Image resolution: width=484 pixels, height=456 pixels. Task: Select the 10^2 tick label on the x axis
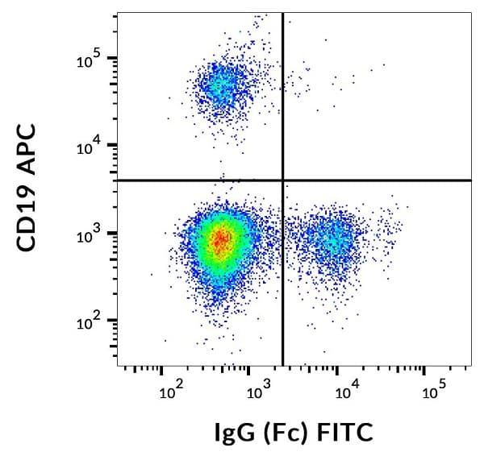169,393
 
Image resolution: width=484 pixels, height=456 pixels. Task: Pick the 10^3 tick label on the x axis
257,393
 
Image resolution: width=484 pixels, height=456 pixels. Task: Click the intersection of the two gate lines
282,180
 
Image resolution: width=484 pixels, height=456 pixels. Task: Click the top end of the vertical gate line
282,14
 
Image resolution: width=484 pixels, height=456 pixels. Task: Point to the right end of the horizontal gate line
470,180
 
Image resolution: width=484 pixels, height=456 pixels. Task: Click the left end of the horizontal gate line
118,180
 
